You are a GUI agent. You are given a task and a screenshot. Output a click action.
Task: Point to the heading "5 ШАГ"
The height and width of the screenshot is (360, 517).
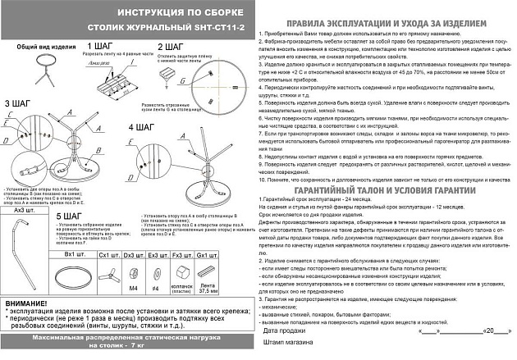tap(71, 216)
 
